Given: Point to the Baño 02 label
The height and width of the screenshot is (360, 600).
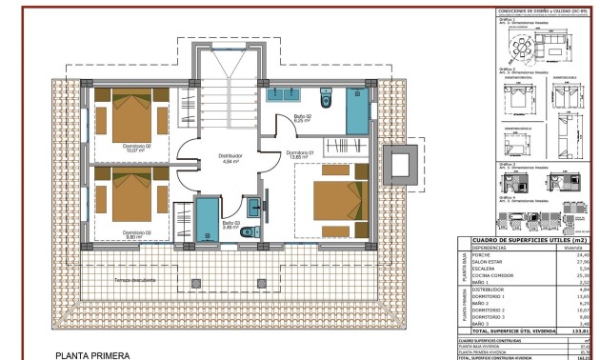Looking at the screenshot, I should pos(303,117).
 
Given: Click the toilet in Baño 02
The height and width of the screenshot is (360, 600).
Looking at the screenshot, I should pos(327,100).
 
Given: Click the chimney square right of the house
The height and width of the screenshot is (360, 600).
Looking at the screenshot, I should pos(397,165).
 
